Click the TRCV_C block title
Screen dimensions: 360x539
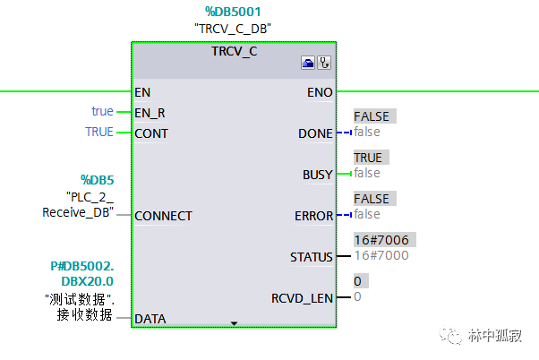[x=234, y=51]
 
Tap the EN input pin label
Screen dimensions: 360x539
[x=142, y=91]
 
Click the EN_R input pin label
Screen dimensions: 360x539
[x=150, y=113]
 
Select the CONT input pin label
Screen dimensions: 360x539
[x=150, y=133]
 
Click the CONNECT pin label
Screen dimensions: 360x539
[x=163, y=216]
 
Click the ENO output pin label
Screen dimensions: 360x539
[x=321, y=91]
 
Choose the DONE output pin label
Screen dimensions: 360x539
[x=315, y=133]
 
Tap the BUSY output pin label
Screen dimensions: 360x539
[x=317, y=175]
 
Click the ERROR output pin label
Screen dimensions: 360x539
[x=314, y=216]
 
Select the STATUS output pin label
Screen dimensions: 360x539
[x=312, y=257]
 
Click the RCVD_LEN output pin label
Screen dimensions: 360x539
[x=303, y=297]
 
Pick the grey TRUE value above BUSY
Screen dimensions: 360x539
[x=368, y=158]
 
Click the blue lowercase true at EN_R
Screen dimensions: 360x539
[x=102, y=111]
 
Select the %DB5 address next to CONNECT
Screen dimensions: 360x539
[x=96, y=179]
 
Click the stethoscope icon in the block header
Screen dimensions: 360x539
[x=324, y=64]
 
